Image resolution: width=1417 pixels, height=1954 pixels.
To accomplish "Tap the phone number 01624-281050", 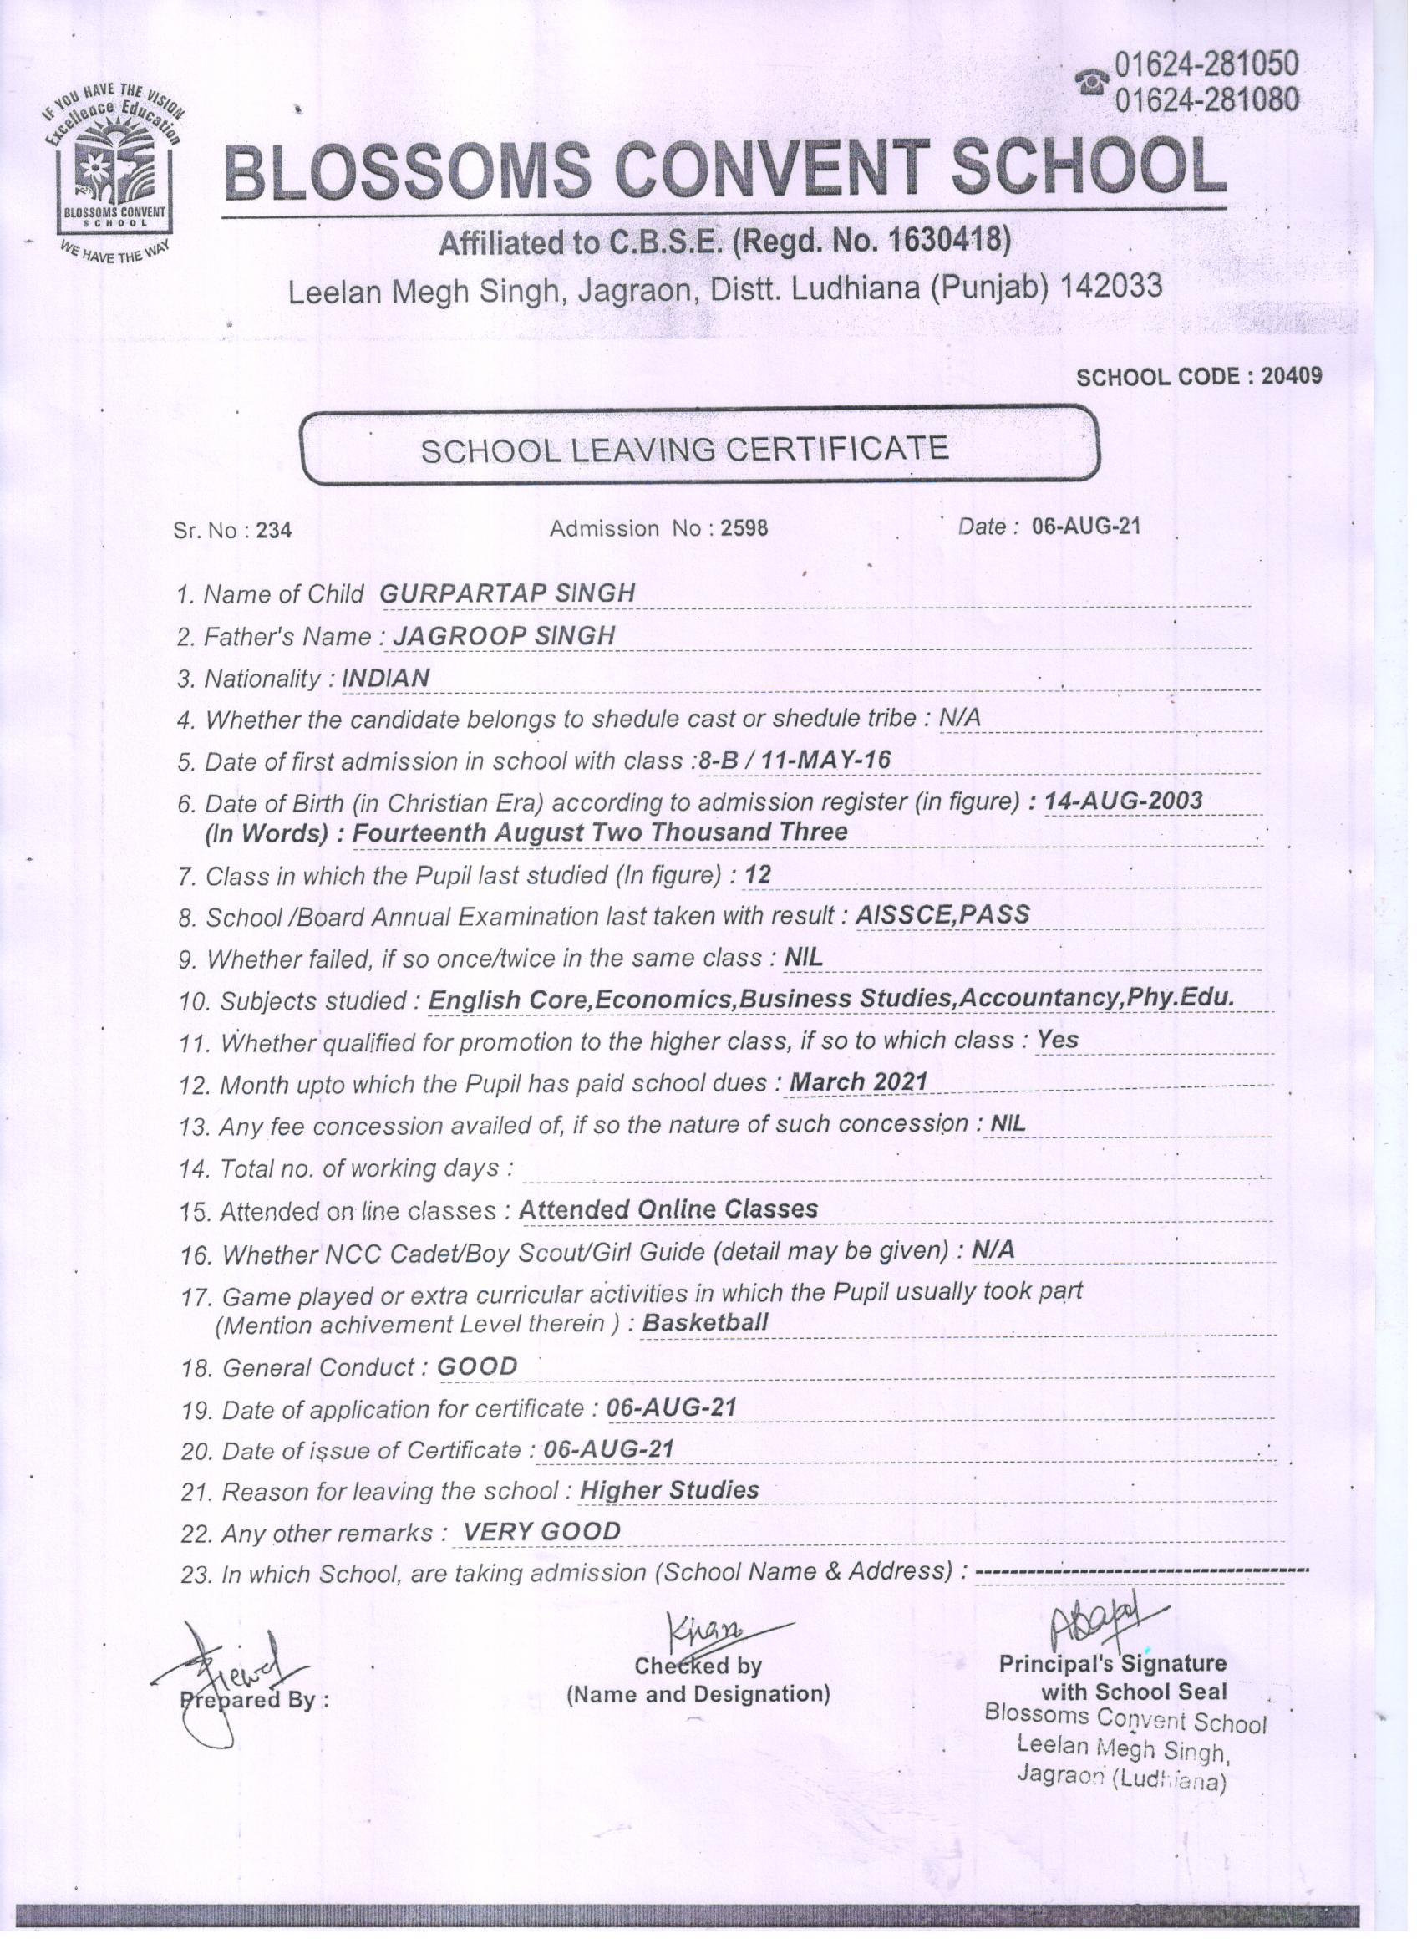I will pos(1206,64).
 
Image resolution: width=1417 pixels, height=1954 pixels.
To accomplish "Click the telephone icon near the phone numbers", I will pos(1092,83).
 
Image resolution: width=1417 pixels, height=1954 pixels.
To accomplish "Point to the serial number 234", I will pos(274,530).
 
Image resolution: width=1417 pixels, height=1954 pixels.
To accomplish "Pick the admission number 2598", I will pos(744,527).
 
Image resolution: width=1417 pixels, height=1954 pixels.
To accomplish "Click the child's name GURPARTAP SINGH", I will pos(507,593).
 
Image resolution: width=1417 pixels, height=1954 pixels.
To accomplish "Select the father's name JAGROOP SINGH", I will pos(504,636).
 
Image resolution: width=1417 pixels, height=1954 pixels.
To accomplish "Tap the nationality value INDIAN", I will pos(386,678).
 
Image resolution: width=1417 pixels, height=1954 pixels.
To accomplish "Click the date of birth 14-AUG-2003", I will pos(1123,801).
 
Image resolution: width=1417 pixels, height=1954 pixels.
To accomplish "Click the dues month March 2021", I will pos(859,1081).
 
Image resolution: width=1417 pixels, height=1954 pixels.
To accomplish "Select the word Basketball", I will pos(705,1322).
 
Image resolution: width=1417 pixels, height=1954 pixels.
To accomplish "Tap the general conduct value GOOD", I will pos(477,1366).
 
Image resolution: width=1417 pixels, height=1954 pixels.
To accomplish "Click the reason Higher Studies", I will pos(669,1490).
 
